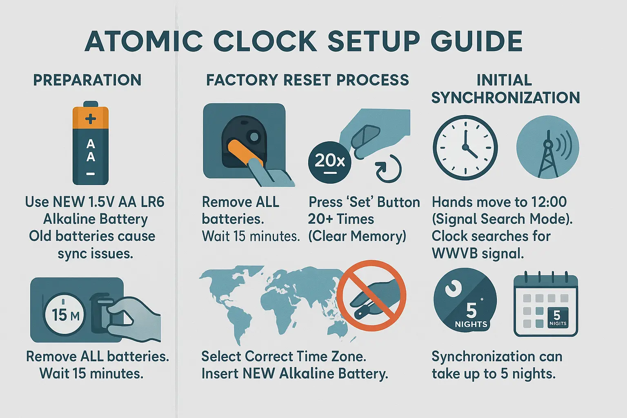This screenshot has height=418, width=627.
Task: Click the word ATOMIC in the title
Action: click(x=144, y=41)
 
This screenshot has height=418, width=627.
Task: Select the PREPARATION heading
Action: click(x=87, y=80)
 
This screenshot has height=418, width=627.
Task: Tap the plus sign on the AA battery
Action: click(x=91, y=119)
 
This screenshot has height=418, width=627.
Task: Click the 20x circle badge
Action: click(x=329, y=162)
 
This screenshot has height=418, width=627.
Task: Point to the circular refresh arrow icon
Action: click(x=388, y=169)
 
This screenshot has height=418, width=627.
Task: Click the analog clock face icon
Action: click(x=465, y=147)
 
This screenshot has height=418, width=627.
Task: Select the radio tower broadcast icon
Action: click(x=547, y=147)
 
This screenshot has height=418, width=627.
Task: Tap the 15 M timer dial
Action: click(x=64, y=315)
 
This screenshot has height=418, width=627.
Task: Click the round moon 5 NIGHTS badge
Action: click(x=465, y=299)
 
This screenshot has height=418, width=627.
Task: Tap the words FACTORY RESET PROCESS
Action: click(x=307, y=80)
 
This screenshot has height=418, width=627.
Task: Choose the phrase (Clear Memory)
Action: click(x=357, y=236)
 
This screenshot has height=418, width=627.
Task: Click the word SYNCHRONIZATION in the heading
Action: click(x=505, y=98)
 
